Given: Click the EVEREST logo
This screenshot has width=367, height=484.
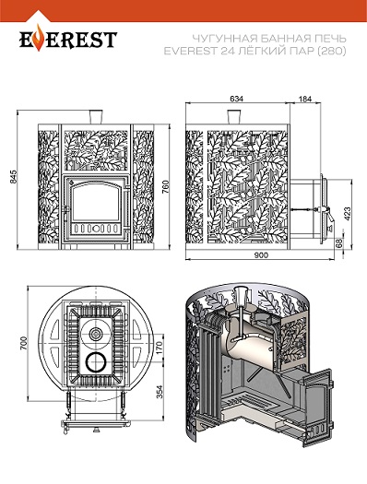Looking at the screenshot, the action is click(x=68, y=39).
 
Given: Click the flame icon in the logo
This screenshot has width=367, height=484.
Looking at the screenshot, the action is click(x=39, y=37).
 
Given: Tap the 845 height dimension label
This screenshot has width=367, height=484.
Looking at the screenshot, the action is click(x=13, y=177).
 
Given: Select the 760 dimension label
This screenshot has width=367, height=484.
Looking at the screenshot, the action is click(x=166, y=187).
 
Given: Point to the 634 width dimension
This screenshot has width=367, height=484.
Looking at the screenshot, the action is click(x=237, y=99).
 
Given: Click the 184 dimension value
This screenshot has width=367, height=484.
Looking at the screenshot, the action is click(x=305, y=99).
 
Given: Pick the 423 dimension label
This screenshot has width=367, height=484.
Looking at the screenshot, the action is click(x=348, y=214).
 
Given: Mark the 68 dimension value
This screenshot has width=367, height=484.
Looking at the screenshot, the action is click(x=339, y=243).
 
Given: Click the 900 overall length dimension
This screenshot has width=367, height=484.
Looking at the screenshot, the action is click(x=261, y=255).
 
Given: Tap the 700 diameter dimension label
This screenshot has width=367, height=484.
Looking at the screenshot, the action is click(x=23, y=343).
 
